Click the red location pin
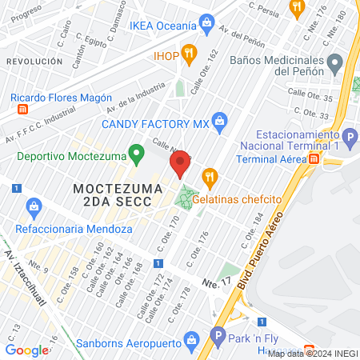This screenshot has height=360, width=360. point(180,163)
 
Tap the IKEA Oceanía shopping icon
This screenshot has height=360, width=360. point(207,21)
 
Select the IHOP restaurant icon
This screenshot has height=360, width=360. point(189,55)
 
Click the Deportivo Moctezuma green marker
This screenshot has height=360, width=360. point(137,151)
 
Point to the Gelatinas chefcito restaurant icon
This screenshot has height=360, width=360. point(210,175)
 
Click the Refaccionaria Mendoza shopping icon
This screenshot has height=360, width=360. point(34,208)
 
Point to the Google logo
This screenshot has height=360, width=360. point(26,350)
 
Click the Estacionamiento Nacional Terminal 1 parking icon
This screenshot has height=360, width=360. point(349,137)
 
